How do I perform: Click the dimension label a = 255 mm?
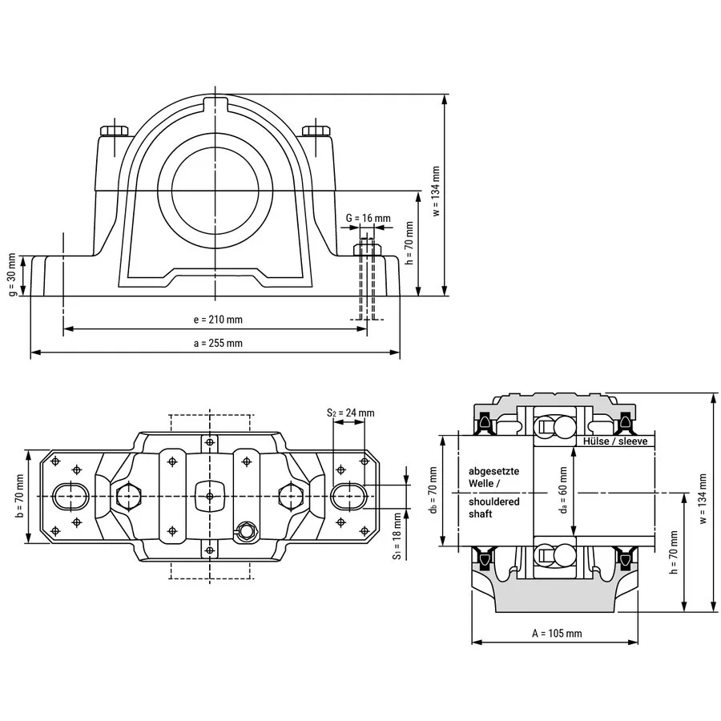point(218,343)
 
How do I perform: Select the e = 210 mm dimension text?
point(218,320)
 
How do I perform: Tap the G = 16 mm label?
point(368,218)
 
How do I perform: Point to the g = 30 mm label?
point(12,275)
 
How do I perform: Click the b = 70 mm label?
point(19,496)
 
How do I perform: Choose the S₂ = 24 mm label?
point(350,413)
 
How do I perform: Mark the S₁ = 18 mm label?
point(397,536)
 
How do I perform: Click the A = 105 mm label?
point(557,633)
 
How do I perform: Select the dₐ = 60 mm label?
point(563,490)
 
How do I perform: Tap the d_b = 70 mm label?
point(433,490)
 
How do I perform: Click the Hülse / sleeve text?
point(615,441)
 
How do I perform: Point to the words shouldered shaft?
point(493,508)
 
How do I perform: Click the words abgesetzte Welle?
point(493,477)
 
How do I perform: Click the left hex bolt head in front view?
point(114,131)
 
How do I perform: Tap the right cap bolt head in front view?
point(316,131)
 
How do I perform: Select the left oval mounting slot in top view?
point(70,496)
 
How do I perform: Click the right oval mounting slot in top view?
point(349,496)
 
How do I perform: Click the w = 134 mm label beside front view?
point(436,191)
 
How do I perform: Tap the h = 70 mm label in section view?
point(674,552)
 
